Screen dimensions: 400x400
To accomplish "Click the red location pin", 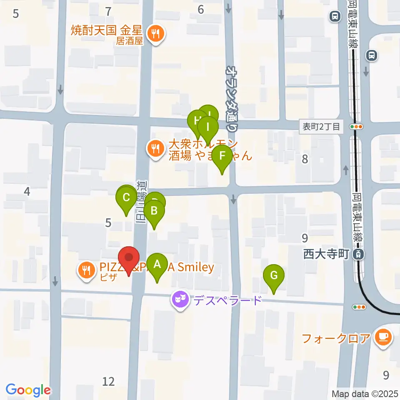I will (x=129, y=258).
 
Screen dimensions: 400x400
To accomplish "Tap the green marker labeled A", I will (x=157, y=264).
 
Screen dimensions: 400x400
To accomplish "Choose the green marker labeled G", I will (x=274, y=275).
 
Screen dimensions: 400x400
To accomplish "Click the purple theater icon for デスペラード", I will (x=180, y=299).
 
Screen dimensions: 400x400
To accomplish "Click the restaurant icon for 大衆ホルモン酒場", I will (x=156, y=148).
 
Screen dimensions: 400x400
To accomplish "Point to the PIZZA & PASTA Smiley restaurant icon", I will (x=86, y=270).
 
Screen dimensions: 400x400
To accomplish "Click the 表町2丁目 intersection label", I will (x=322, y=126).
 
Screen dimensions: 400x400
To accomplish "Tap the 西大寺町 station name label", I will (x=325, y=254).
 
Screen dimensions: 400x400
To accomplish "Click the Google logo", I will (x=28, y=390).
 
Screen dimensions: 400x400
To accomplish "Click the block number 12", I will (x=108, y=381).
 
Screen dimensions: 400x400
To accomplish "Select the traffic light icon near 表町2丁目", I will (x=357, y=126).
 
